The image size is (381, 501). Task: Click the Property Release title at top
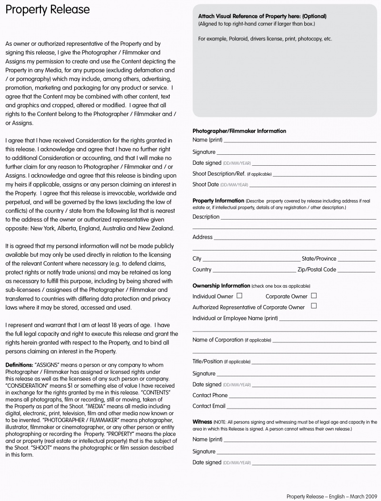(x=48, y=10)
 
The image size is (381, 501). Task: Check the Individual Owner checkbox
(x=239, y=296)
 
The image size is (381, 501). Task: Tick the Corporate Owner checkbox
(x=313, y=296)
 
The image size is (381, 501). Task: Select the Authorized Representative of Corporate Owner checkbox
(x=313, y=306)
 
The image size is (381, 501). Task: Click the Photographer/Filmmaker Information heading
(x=239, y=131)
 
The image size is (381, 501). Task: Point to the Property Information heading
(x=218, y=201)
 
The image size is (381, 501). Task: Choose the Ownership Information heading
(x=221, y=286)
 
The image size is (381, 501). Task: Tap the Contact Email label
(x=209, y=406)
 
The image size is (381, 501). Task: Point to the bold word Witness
(x=202, y=422)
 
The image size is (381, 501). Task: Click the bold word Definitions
(x=19, y=365)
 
